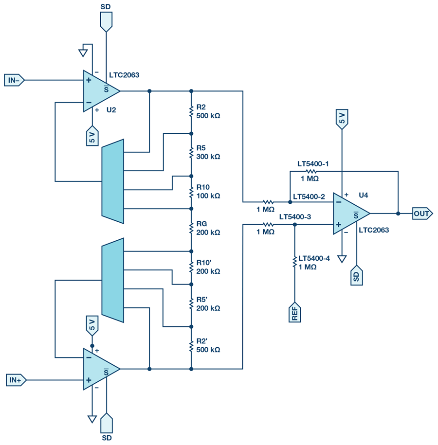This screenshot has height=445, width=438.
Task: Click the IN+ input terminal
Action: coord(14,380)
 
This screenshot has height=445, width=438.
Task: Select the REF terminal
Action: coord(295,313)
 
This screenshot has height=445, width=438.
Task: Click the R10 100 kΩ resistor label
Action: coord(208,192)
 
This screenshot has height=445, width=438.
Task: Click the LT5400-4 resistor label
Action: coord(314,263)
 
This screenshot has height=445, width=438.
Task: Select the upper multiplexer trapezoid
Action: coord(113,181)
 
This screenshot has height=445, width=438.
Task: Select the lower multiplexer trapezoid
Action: coord(113,280)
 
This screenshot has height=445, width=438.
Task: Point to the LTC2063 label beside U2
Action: coord(124,75)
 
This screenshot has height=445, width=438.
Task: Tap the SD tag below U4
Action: coord(357,275)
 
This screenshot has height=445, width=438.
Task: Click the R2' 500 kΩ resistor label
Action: coord(208,345)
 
